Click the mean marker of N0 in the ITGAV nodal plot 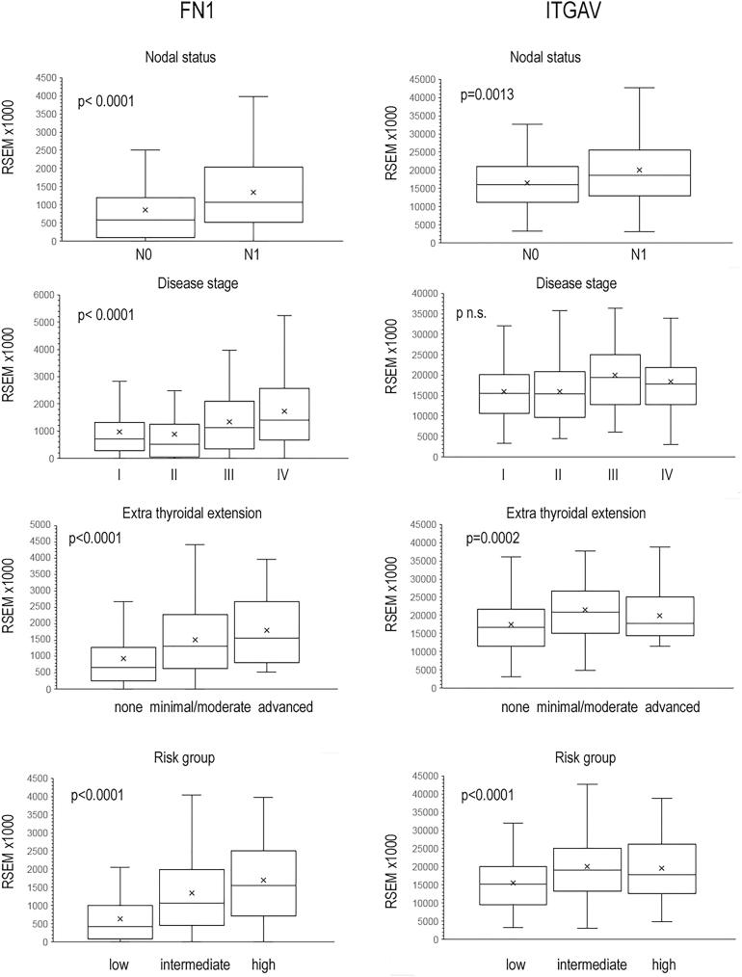coord(527,183)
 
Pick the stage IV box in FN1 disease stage coord(283,413)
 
